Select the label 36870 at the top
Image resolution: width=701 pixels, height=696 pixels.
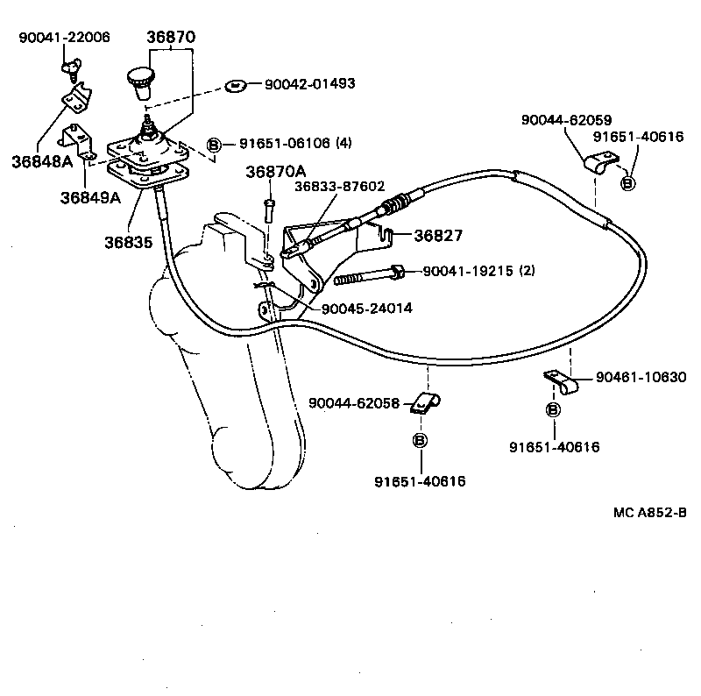click(x=172, y=37)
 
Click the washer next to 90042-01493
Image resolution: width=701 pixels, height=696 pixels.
click(x=234, y=85)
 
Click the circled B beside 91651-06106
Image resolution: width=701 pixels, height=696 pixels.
click(x=213, y=144)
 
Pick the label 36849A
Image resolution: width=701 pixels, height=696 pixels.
click(x=89, y=197)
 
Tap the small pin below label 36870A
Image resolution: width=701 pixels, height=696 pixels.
click(x=269, y=210)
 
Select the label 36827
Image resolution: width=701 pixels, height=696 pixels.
click(x=437, y=235)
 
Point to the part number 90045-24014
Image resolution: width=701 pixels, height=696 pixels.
click(x=367, y=309)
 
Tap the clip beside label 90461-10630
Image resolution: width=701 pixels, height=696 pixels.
click(x=561, y=381)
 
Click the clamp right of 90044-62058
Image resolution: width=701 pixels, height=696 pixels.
click(x=426, y=403)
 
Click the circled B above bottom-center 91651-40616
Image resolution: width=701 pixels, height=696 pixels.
click(x=420, y=440)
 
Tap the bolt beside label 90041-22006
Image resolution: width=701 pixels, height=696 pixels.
click(x=69, y=68)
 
